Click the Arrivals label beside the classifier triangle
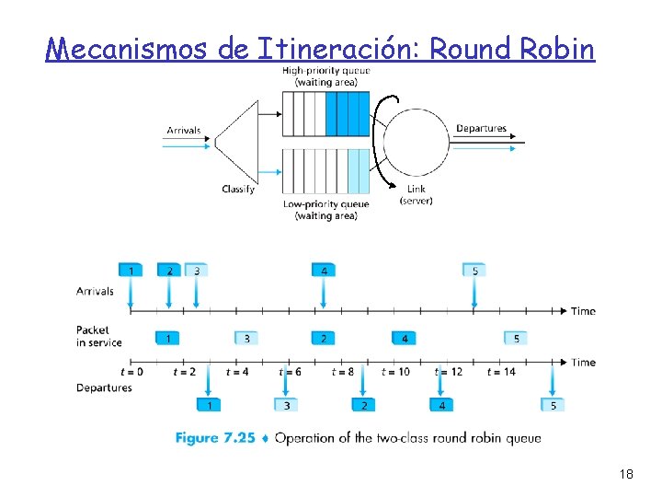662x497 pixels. tap(184, 131)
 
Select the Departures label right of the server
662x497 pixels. tap(481, 129)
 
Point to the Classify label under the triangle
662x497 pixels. tap(238, 190)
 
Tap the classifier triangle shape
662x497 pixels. tap(238, 139)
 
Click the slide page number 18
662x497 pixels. tap(627, 474)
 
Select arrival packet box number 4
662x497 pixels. tap(324, 271)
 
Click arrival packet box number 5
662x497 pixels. tap(474, 271)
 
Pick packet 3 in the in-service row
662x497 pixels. tap(246, 339)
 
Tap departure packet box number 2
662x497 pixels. tap(364, 405)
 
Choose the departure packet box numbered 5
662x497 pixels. tap(553, 405)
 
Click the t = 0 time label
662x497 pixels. tap(131, 372)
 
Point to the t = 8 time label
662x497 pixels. tap(342, 372)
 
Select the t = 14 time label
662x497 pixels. tap(502, 372)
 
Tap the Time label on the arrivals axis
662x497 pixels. tap(583, 311)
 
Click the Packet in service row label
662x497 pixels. tap(97, 336)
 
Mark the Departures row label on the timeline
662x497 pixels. tap(104, 387)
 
